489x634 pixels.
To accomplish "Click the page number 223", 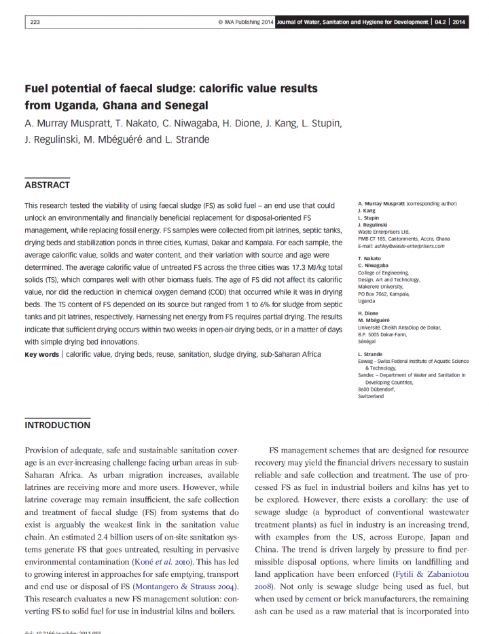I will (35, 22).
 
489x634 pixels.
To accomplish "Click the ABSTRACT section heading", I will (47, 185).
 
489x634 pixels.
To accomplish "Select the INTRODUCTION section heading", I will (57, 425).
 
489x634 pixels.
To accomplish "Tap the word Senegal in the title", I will (183, 105).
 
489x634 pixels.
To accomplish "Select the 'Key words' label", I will (41, 354).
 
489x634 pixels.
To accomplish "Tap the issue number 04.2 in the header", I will (441, 22).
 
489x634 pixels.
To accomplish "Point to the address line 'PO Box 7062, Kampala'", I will (384, 294).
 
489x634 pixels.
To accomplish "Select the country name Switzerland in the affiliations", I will (371, 396).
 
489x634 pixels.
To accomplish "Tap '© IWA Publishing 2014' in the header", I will (245, 22).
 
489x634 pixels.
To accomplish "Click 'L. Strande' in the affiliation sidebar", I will (371, 354).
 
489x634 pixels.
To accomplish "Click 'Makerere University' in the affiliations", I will (382, 287).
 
